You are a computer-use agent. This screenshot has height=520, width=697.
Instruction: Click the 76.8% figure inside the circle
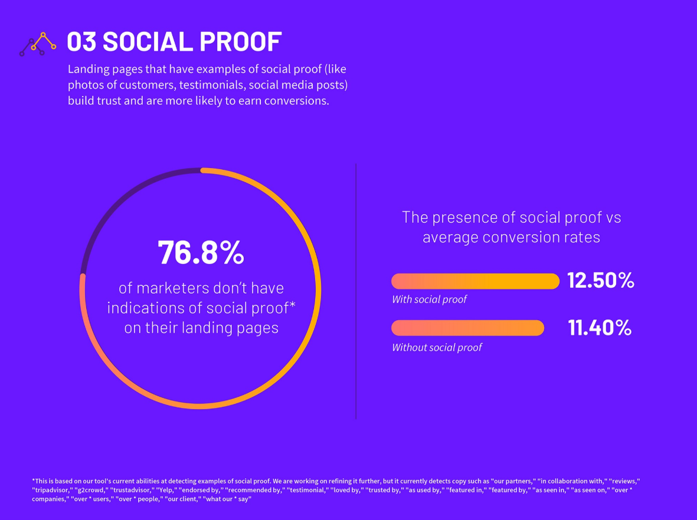click(201, 252)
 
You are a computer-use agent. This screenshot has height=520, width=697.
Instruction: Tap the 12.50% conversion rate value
click(600, 281)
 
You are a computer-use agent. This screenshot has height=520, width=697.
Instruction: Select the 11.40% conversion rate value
click(600, 328)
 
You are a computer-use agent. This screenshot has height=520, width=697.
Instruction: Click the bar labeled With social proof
click(475, 281)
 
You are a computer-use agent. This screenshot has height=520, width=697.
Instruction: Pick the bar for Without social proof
click(467, 328)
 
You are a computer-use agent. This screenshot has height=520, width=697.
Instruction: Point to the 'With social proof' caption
click(429, 300)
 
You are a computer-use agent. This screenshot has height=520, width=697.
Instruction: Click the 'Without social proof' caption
click(437, 348)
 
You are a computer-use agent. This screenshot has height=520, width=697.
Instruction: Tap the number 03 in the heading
click(81, 42)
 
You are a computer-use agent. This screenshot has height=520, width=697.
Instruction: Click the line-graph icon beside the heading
click(38, 44)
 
